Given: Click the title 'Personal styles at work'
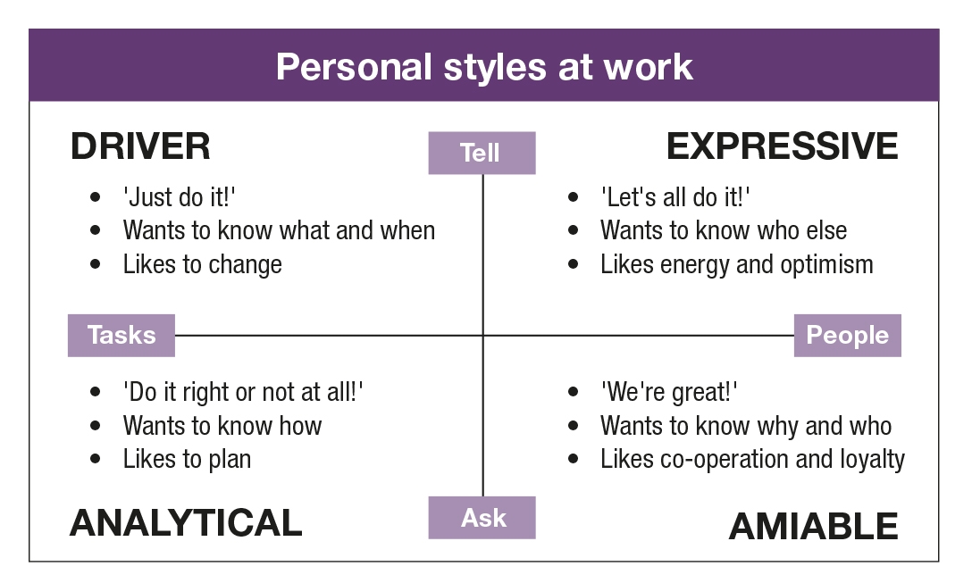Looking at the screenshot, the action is [484, 66].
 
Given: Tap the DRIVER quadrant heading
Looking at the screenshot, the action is [141, 146].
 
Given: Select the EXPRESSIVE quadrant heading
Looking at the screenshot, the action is [783, 146].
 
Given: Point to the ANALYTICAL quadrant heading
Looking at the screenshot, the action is [186, 522].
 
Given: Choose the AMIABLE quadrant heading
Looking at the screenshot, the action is [813, 526].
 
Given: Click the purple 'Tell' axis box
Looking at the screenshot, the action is [482, 153].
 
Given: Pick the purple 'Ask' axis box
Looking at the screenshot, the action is [482, 517].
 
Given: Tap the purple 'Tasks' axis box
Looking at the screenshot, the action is [121, 335].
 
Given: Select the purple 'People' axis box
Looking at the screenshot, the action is [848, 335].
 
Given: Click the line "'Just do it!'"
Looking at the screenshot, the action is [180, 197].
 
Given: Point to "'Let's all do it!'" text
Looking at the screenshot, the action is [675, 197].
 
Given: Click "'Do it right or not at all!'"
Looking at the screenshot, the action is [243, 392].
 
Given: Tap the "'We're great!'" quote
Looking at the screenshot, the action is [669, 392].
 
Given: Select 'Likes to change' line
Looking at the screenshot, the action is [202, 264].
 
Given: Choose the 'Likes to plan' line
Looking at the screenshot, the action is [187, 460].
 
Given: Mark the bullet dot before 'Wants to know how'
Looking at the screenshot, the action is [95, 426].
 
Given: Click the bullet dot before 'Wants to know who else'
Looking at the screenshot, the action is [573, 230].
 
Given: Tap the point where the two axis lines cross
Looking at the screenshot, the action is [483, 335].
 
